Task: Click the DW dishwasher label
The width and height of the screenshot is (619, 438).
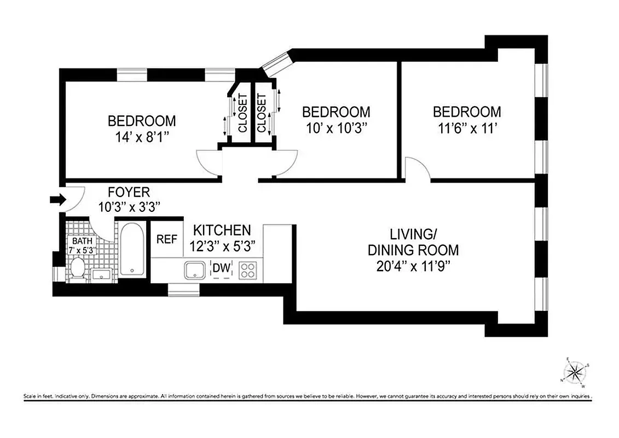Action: click(x=221, y=268)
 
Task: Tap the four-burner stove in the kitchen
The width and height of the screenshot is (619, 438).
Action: click(x=248, y=269)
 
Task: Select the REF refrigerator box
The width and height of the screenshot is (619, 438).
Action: click(x=166, y=239)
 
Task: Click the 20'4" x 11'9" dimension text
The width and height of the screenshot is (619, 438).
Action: click(x=413, y=266)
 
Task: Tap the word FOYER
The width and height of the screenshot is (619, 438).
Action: click(x=129, y=192)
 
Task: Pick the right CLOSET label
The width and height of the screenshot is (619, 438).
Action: click(x=262, y=114)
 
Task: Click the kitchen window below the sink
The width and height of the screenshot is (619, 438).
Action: click(x=183, y=290)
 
